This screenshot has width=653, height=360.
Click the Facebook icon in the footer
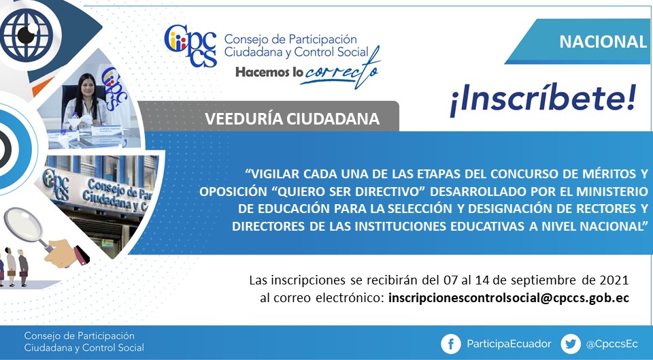pyautogui.click(x=451, y=344)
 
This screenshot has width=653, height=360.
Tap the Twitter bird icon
pyautogui.click(x=571, y=344)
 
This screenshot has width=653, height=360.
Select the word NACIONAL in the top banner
pyautogui.click(x=603, y=42)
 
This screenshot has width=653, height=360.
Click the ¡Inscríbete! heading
pyautogui.click(x=543, y=101)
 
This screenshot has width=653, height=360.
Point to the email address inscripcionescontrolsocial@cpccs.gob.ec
pyautogui.click(x=509, y=298)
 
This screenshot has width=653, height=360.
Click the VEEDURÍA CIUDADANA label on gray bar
pyautogui.click(x=292, y=119)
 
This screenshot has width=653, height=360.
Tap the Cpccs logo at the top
pyautogui.click(x=190, y=46)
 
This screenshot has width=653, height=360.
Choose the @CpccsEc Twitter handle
pyautogui.click(x=612, y=344)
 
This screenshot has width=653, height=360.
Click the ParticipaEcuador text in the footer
pyautogui.click(x=509, y=344)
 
